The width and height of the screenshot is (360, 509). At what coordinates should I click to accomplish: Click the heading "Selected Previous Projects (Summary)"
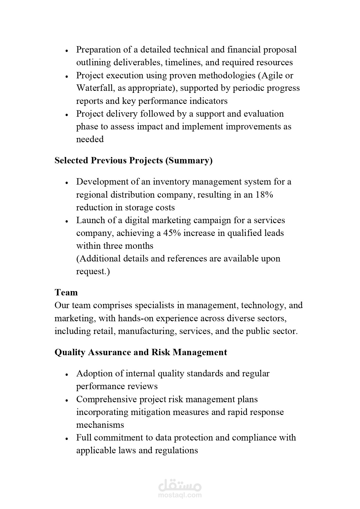coord(133,160)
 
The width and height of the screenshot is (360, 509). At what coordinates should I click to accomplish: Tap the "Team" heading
coord(66,292)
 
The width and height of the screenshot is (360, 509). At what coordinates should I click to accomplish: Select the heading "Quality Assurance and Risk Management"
coord(141,352)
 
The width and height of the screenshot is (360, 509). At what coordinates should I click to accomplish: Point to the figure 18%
coord(264,194)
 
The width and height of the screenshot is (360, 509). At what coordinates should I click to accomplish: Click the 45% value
coord(172,233)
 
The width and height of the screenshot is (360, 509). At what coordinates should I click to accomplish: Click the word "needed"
coord(90,139)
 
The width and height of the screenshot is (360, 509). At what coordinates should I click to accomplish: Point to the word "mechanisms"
coord(100,425)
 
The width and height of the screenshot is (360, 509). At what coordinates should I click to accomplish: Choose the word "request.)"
coord(93,271)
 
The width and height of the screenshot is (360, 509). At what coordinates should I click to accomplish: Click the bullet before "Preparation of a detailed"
coord(67,50)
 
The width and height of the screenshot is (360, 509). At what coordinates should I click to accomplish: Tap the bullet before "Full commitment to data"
coord(67,438)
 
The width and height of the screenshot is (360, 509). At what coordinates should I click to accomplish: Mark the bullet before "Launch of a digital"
coord(67,221)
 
